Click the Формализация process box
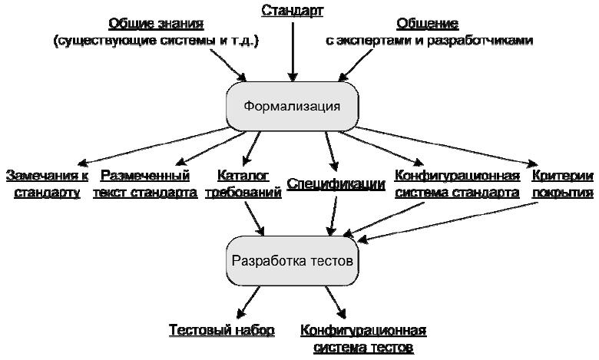coord(291,106)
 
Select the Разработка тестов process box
coord(292,260)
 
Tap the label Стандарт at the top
coord(292,11)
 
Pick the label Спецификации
coord(336,184)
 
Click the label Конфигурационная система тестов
coord(362,339)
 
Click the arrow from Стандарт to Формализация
coord(292,49)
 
